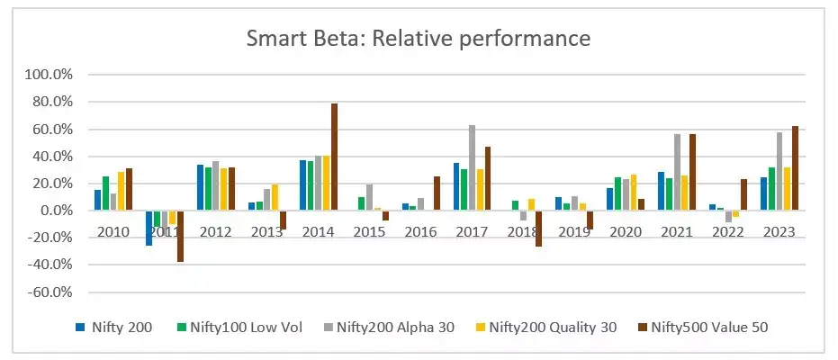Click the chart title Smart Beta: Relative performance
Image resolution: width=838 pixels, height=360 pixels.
click(419, 39)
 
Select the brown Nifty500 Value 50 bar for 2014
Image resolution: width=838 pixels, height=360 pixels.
click(334, 157)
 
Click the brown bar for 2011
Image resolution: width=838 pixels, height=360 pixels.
click(180, 236)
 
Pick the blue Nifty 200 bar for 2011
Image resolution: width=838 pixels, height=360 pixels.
click(149, 228)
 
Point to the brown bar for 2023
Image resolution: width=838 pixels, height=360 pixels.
click(795, 168)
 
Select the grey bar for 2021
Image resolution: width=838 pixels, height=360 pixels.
click(676, 172)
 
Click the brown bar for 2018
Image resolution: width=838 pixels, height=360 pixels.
click(539, 229)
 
